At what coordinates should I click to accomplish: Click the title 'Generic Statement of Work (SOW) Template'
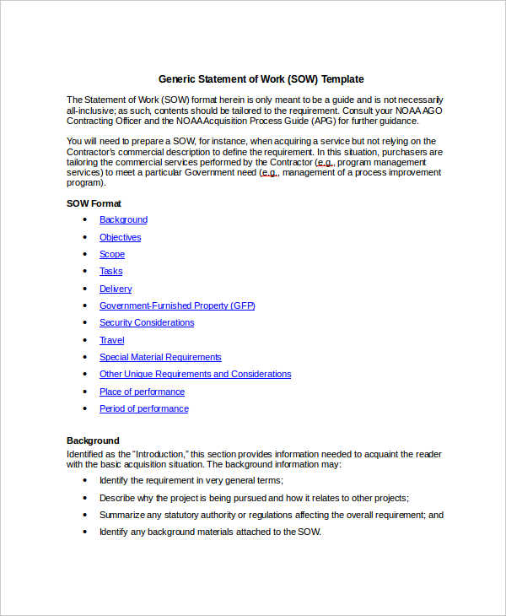[x=261, y=79]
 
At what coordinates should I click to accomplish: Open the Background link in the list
[x=123, y=219]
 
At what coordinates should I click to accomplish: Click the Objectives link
[x=120, y=237]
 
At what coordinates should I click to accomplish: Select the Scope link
[x=111, y=254]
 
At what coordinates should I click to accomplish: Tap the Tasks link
[x=110, y=271]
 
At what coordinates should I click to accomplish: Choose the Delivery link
[x=116, y=289]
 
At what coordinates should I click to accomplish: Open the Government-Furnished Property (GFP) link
[x=177, y=305]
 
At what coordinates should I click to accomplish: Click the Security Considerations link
[x=147, y=322]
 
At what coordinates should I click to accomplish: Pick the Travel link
[x=111, y=340]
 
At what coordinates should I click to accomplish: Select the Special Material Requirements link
[x=160, y=357]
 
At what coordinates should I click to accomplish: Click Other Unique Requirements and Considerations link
[x=195, y=374]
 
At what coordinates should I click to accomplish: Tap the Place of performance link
[x=142, y=392]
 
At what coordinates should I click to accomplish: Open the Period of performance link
[x=143, y=408]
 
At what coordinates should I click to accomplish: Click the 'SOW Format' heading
[x=94, y=203]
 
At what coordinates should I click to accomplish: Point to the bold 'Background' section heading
[x=93, y=440]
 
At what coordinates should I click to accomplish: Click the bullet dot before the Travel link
[x=85, y=340]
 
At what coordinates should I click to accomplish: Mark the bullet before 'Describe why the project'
[x=85, y=498]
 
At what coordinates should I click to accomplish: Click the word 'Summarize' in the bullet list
[x=121, y=515]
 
